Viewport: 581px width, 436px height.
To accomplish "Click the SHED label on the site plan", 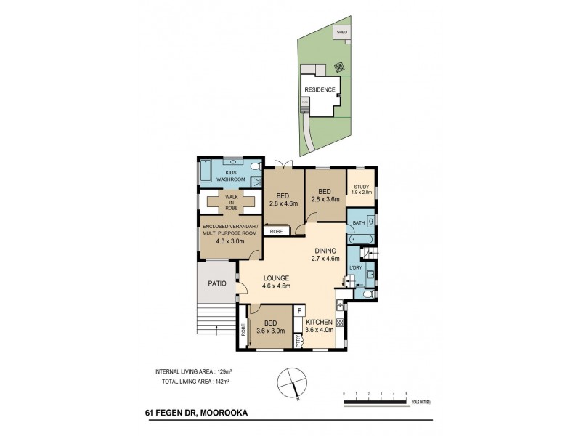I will [341, 32].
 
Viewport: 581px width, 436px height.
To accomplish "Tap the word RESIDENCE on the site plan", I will [319, 90].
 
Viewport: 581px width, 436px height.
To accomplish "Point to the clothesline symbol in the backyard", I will [338, 68].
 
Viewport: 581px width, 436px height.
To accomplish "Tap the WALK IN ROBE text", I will [231, 202].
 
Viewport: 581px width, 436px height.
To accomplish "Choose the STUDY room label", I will [362, 187].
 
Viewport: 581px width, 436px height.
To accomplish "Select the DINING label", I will [325, 250].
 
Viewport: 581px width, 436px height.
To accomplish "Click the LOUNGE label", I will [276, 278].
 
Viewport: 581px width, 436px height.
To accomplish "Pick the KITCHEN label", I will [319, 322].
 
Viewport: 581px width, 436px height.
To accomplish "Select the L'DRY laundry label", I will [356, 268].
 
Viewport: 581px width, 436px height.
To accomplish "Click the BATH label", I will [358, 223].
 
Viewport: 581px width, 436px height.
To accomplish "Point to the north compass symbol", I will [290, 381].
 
